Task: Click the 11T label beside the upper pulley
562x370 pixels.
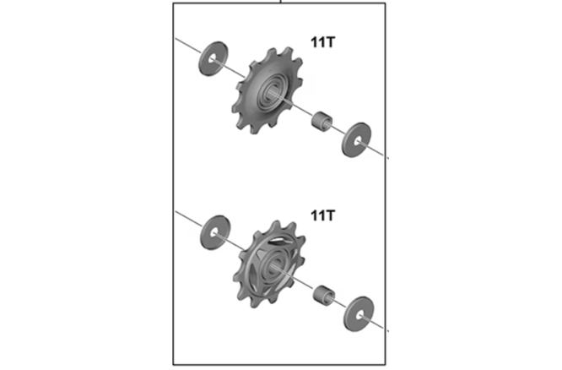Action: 322,42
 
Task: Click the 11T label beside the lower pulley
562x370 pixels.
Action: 322,215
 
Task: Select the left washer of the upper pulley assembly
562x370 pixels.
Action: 213,59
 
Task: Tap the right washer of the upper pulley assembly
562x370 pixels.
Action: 357,139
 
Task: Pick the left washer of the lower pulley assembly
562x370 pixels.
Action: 215,232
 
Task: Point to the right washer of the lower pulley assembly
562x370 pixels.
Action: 359,313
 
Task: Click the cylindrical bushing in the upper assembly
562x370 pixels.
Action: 322,122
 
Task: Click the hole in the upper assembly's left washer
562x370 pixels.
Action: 213,59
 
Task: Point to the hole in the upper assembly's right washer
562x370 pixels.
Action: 357,140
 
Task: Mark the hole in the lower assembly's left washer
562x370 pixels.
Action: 214,233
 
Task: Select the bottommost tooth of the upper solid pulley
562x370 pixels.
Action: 253,129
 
